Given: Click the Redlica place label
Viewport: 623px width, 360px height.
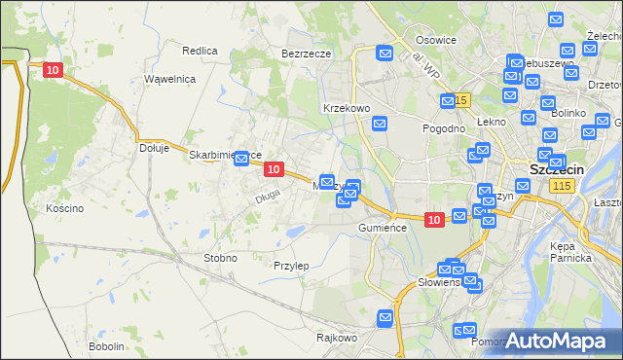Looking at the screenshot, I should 200,50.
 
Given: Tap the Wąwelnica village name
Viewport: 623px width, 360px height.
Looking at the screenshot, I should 170,79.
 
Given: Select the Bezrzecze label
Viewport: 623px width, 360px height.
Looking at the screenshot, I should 307,54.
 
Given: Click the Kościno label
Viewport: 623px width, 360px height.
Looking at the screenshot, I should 65,208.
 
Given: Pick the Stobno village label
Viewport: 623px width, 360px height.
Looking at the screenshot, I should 219,258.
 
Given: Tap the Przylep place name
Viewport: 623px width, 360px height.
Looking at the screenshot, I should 291,266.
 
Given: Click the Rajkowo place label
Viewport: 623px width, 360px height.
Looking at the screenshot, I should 337,339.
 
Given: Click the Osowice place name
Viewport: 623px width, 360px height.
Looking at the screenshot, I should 436,40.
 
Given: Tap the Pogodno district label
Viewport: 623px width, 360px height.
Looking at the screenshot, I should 442,128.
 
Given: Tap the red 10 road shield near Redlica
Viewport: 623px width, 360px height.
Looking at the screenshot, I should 54,70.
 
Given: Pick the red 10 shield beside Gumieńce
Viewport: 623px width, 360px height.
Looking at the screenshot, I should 434,221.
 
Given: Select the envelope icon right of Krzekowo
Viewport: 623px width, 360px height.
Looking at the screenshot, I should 380,124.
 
